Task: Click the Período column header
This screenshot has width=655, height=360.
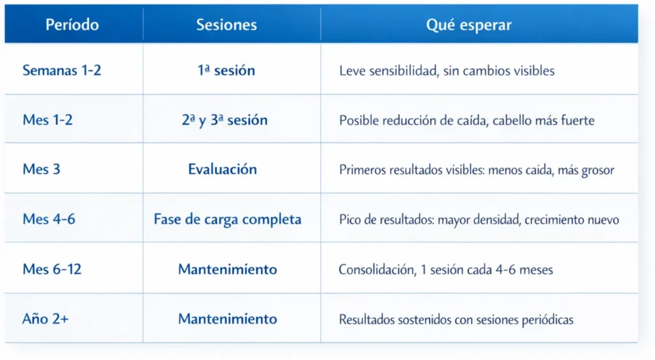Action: pos(72,25)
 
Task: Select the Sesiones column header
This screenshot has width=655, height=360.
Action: pos(226,25)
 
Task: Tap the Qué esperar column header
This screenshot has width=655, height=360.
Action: pos(469,26)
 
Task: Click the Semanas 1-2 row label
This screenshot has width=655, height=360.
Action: pos(62,70)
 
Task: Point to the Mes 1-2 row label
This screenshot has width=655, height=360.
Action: pos(47,120)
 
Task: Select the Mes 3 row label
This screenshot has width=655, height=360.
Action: pos(42,169)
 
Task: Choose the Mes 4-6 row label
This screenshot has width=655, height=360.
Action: pos(49,219)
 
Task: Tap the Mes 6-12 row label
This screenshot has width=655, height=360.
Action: pos(52,269)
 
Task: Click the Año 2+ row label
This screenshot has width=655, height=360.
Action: pos(45,318)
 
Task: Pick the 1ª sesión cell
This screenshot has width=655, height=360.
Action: pos(226,70)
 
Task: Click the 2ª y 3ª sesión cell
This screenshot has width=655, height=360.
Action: pos(225,120)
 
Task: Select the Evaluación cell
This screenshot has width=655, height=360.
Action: pos(222,169)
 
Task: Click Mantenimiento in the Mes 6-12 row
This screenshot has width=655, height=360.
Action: pos(227,269)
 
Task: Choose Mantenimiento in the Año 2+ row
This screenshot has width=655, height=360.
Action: pos(227,319)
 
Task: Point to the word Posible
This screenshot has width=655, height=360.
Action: pos(359,120)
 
